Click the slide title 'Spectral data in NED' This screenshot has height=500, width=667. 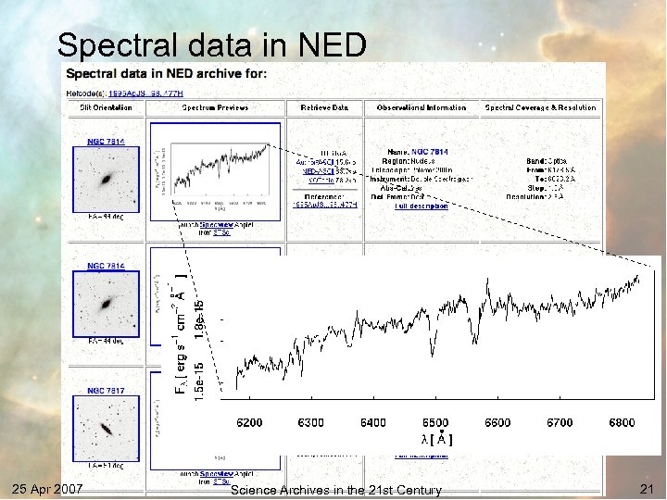click(x=212, y=44)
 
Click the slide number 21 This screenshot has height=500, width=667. click(x=646, y=489)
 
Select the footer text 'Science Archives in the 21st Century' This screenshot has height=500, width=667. click(x=335, y=490)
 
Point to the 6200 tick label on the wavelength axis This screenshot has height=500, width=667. click(x=248, y=423)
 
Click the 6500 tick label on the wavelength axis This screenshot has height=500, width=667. click(x=435, y=423)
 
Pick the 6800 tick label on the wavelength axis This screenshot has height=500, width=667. click(x=622, y=423)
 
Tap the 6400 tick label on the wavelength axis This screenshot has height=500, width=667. click(x=372, y=423)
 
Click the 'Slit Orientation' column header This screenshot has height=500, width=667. click(x=106, y=107)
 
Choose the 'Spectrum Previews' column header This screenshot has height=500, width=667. click(x=215, y=107)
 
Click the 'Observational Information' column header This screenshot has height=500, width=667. click(x=422, y=107)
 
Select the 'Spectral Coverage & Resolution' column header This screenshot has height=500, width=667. click(x=541, y=107)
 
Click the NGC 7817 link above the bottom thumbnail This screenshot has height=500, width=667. click(x=106, y=391)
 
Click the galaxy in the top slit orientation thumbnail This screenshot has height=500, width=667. click(x=109, y=176)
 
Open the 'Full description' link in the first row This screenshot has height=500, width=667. click(x=421, y=206)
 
